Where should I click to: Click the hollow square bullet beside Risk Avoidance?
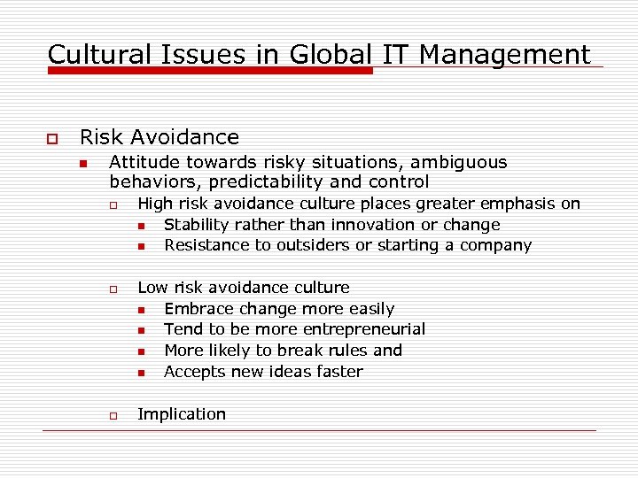pos(51,139)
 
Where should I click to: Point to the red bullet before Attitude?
pos(83,164)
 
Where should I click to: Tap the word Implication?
pos(182,414)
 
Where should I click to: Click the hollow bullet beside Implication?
pos(114,415)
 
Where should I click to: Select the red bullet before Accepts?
pos(142,373)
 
